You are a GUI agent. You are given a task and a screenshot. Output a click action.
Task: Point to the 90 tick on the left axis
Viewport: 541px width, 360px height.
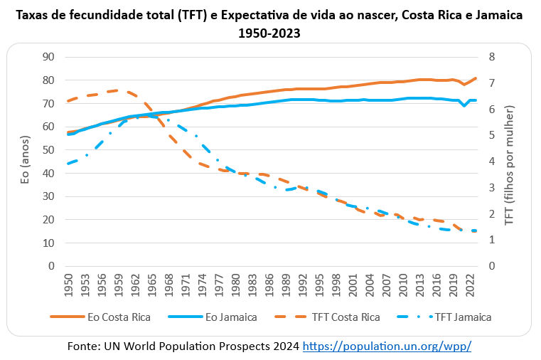(49, 57)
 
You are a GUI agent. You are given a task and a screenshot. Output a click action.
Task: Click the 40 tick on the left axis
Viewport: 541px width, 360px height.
(49, 173)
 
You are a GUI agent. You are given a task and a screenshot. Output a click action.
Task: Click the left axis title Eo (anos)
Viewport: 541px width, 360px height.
(26, 162)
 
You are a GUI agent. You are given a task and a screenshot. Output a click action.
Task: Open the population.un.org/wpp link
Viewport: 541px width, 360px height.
(387, 346)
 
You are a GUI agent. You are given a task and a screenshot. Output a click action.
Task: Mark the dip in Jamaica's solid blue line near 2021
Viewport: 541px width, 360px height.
(464, 105)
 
